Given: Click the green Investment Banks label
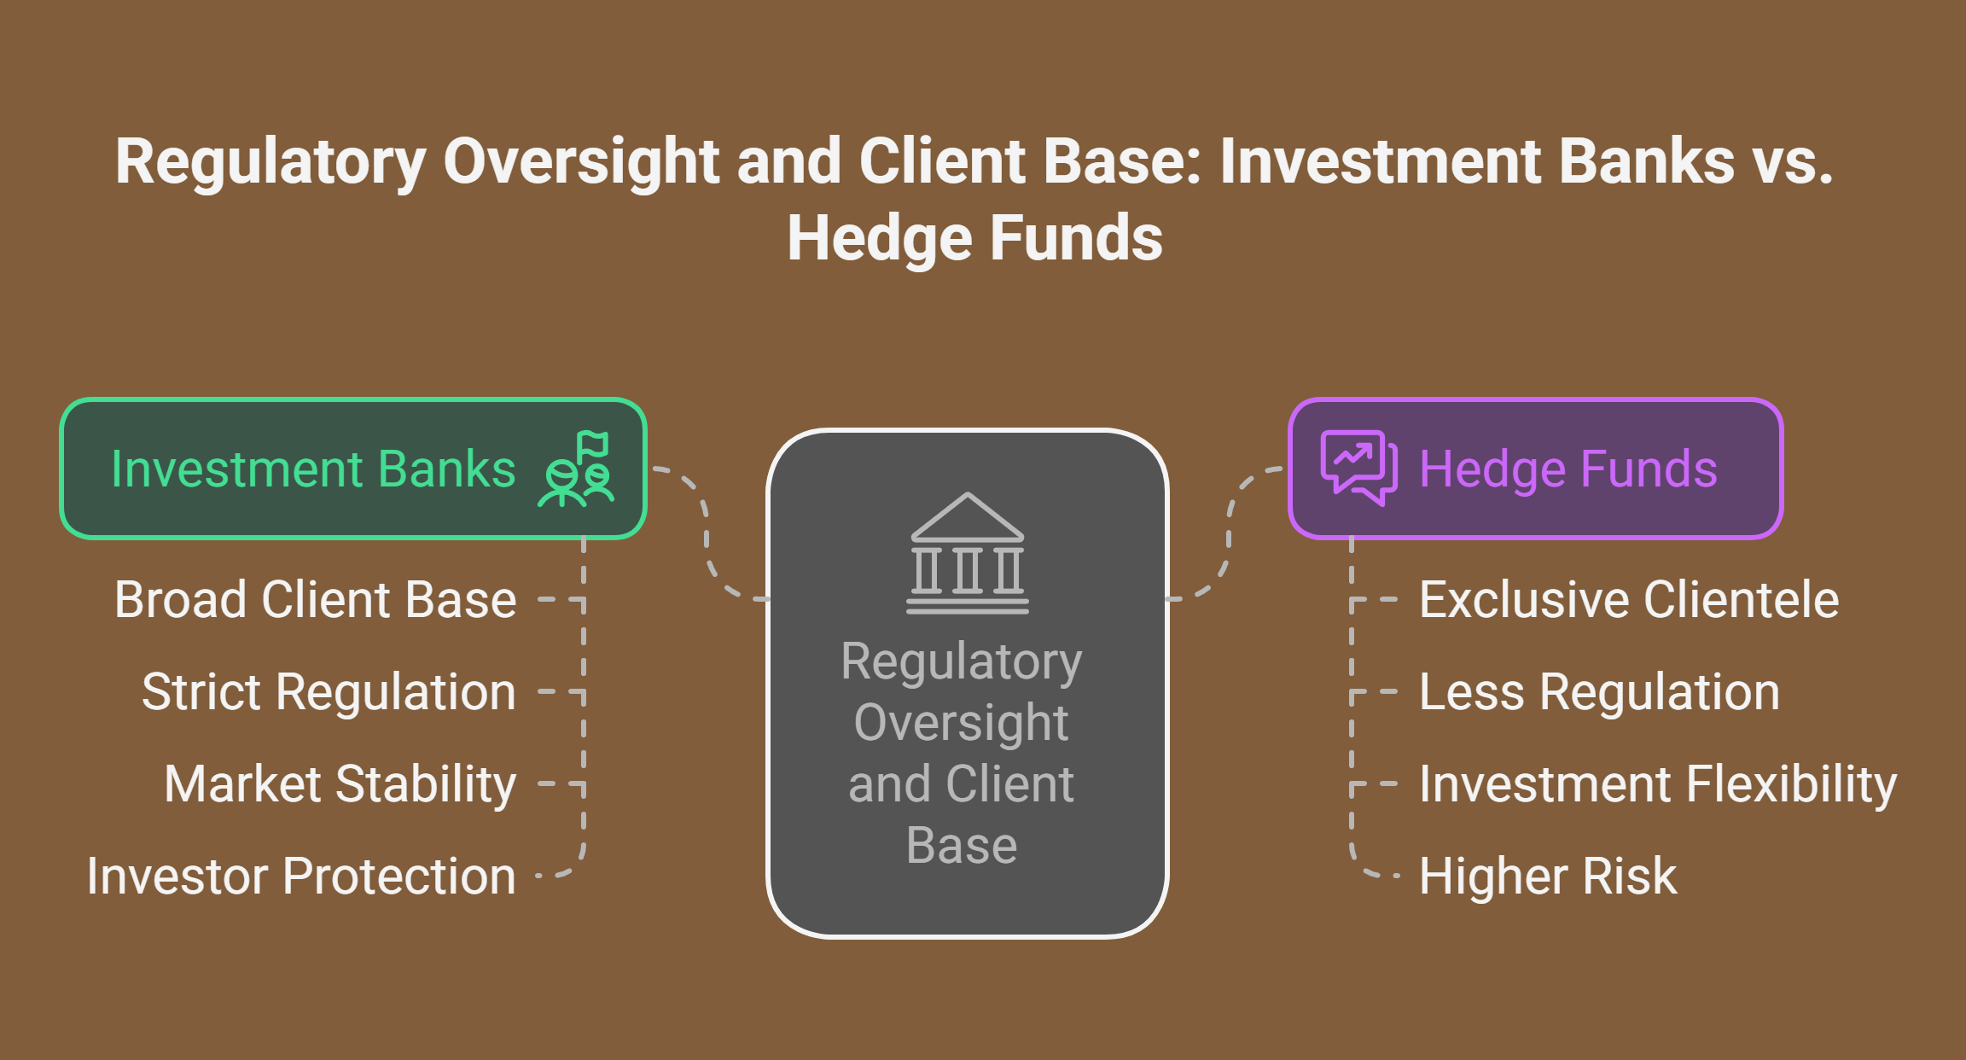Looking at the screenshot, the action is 313,469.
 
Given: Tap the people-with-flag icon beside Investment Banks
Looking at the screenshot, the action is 576,469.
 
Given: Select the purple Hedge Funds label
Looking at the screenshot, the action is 1568,469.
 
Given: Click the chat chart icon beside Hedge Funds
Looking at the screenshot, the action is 1359,468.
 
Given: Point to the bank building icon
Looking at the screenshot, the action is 968,553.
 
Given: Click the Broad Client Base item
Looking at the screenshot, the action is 316,599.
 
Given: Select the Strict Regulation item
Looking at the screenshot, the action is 329,691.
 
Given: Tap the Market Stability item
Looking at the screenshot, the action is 340,784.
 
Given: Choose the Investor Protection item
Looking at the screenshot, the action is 301,877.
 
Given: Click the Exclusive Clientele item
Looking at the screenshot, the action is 1629,599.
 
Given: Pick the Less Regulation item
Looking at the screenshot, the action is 1600,691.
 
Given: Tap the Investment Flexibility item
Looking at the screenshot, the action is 1658,784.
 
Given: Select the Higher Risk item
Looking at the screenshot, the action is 1548,877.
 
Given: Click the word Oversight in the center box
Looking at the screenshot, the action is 962,724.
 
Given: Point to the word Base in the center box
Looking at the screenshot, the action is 962,846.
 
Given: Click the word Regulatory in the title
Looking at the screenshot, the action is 270,162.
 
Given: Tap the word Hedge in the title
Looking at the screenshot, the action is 880,238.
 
